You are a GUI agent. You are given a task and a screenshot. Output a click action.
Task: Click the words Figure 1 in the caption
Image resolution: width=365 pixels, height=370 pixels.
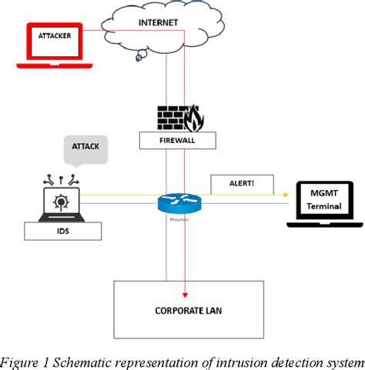[x=22, y=362]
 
